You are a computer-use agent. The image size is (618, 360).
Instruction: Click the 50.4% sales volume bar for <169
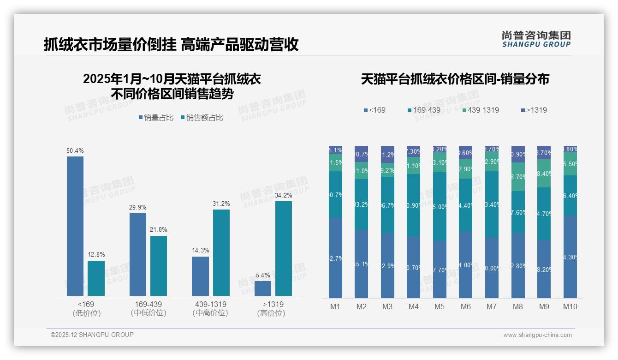point(75,226)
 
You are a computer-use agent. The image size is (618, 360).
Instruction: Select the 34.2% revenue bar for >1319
point(284,248)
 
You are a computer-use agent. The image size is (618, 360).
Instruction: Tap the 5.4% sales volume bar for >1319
point(263,288)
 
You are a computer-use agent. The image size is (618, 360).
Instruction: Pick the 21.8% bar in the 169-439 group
point(159,265)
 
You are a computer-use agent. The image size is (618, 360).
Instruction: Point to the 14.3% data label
point(201,251)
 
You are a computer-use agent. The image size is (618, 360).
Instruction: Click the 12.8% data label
point(96,254)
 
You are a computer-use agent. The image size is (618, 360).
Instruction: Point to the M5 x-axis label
point(439,306)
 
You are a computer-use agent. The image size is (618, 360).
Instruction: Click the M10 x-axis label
point(570,306)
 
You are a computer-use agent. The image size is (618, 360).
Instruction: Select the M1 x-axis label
point(335,306)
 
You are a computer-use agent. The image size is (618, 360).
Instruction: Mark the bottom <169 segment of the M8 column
point(518,265)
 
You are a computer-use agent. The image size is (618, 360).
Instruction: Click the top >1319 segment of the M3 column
point(387,155)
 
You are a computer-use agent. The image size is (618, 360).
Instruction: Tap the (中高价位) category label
point(210,313)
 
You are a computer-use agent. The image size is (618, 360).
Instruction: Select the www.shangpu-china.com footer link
point(537,335)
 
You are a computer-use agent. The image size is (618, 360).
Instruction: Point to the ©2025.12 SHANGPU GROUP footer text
point(92,335)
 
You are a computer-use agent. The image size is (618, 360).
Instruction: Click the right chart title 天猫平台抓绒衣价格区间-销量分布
point(455,79)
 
